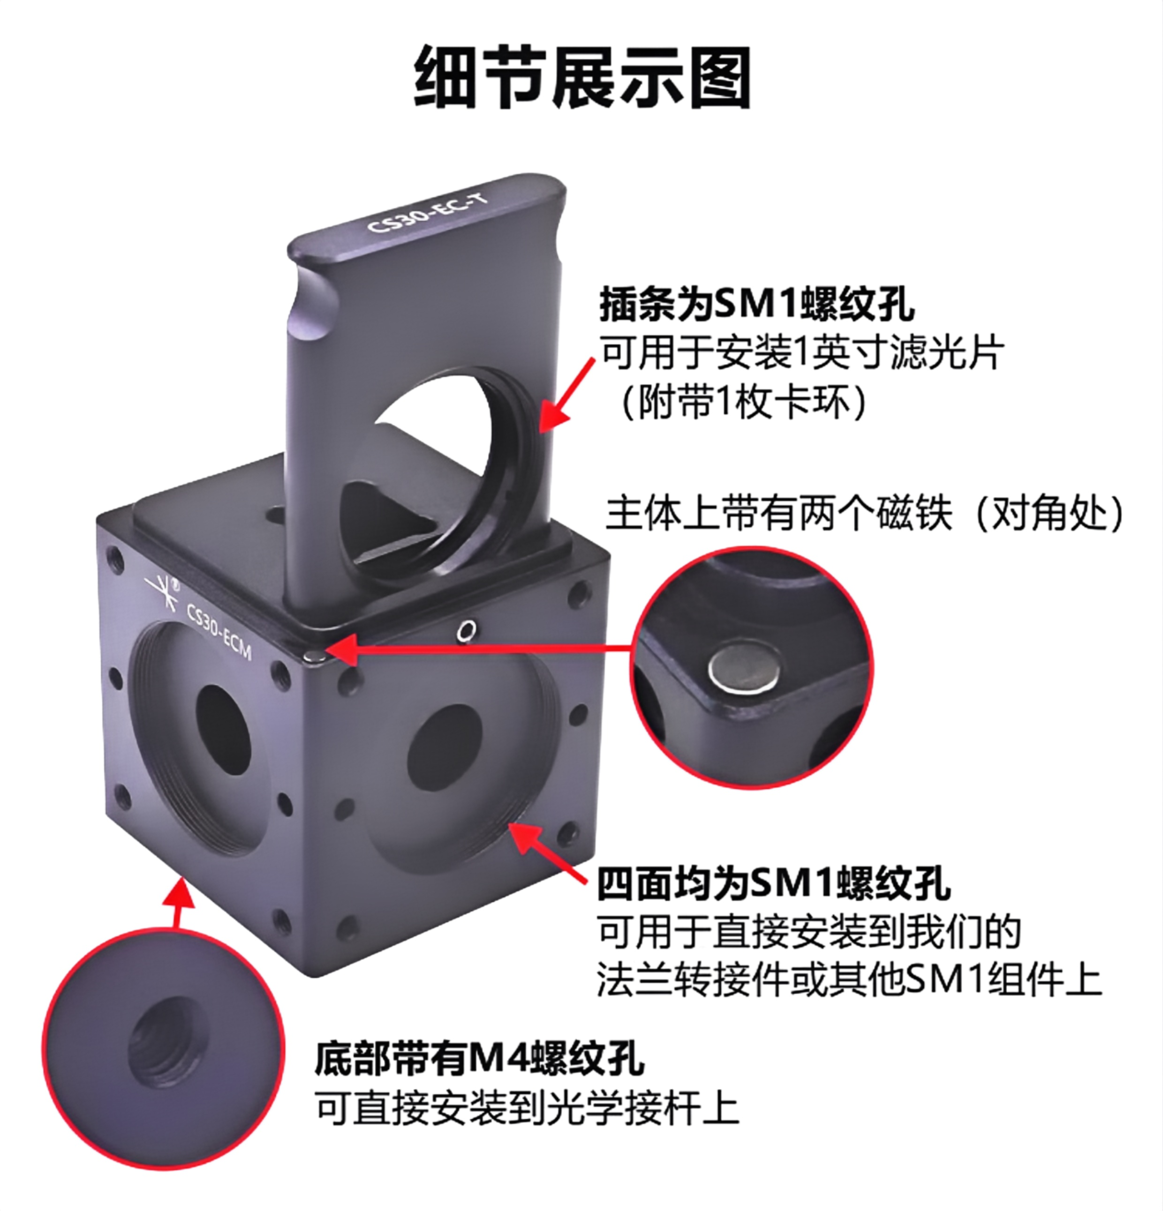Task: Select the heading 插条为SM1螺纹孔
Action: pos(756,304)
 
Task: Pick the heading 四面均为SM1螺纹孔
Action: pos(773,883)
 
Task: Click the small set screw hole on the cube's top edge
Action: pos(465,630)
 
